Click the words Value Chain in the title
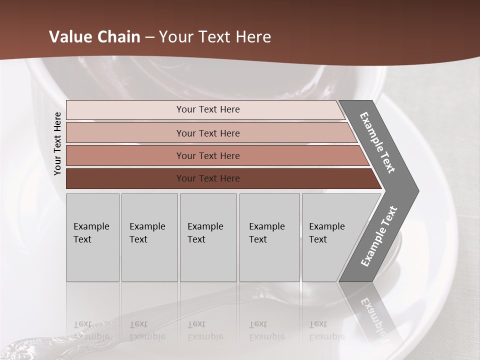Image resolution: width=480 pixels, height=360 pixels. coord(94,37)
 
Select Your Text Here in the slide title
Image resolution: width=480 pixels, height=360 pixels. coord(215,37)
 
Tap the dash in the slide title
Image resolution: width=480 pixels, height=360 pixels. coord(149,37)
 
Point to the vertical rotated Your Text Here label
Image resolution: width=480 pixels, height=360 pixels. coord(57,144)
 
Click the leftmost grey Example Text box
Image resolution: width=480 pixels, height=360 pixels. coord(92,237)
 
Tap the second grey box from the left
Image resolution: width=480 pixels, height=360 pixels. coord(149,237)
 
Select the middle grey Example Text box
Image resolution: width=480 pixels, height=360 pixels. coord(208,237)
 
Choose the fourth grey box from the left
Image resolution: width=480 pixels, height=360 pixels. coord(269,237)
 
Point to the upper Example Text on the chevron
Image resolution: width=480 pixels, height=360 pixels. coord(377,142)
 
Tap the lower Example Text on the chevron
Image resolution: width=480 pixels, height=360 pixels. coord(379,236)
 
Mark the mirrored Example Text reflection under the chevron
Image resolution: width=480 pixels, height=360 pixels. coord(377,317)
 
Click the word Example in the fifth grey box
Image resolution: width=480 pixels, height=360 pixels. coord(327,226)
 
